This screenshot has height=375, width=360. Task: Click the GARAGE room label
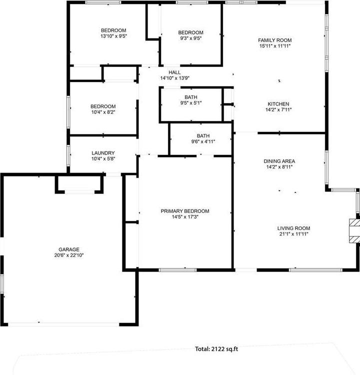pos(69,249)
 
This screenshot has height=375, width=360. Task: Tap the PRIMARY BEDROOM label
pos(185,211)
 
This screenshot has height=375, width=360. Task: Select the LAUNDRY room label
pos(103,153)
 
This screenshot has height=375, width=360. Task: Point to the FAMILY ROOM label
pos(274,40)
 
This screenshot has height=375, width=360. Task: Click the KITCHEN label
pos(278,104)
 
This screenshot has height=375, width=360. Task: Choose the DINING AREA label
pos(279,161)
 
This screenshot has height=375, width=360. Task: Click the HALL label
pos(174,72)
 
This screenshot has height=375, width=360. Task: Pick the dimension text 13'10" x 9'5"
pos(113,36)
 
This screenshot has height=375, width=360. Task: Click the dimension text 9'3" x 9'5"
pos(191,38)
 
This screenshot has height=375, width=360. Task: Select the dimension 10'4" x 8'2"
pos(103,112)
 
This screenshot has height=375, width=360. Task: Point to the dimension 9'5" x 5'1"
pos(191,103)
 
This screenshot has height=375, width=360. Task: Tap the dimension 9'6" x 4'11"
pos(203,141)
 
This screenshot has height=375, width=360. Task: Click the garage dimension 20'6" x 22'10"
pos(69,255)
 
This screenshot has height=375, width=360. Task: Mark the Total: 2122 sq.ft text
pos(217,349)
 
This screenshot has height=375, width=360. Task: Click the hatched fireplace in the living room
pos(354,230)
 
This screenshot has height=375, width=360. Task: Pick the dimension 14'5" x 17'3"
pos(185,216)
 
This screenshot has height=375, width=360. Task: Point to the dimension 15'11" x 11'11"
pos(274,45)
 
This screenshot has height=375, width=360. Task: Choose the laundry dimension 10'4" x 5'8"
pos(103,158)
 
